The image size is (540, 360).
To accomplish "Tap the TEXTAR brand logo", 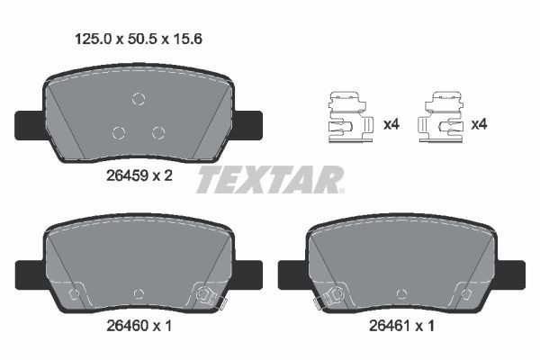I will point(270,180).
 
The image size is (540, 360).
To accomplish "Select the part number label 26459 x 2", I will point(132,175).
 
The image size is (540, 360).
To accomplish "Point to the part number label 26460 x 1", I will point(132,327).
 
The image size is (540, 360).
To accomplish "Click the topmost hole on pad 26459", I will point(138,100).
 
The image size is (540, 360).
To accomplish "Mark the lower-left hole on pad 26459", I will point(118,133).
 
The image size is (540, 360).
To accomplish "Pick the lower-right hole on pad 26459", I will point(158,133).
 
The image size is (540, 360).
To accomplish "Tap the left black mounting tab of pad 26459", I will point(28,121).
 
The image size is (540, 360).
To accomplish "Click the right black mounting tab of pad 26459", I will point(248,121).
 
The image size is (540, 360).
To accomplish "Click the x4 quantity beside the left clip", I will point(391,124).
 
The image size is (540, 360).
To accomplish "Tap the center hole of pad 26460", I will point(139,293).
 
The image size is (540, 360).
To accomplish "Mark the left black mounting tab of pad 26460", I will point(28,271).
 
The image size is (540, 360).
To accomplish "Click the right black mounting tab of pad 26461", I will point(511,271).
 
